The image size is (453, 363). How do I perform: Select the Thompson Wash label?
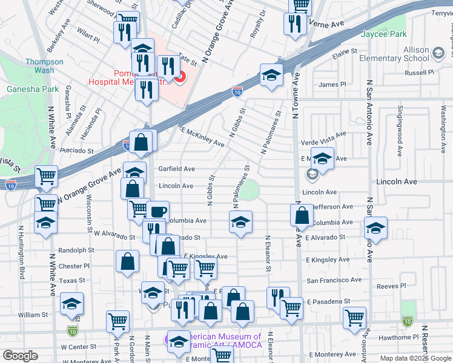[x=44, y=66]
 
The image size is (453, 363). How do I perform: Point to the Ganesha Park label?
[x=33, y=89]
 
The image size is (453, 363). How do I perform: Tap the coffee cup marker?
[x=159, y=212]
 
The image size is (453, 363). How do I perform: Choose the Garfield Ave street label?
[x=176, y=169]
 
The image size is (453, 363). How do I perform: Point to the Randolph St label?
[x=76, y=250]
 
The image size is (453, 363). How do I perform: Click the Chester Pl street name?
[x=74, y=266]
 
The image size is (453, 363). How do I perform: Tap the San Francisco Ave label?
[x=334, y=280]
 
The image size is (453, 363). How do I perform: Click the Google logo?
[x=20, y=356]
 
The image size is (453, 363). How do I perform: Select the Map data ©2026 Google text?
[x=415, y=358]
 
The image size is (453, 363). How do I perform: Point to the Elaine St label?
[x=343, y=53]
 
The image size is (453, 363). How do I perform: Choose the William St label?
[x=33, y=315]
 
